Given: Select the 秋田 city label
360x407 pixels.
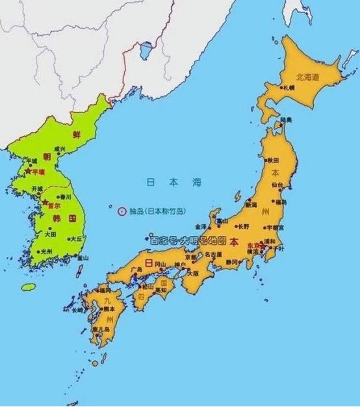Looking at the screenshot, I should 273,159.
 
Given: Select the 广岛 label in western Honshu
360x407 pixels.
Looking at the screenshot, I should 136,269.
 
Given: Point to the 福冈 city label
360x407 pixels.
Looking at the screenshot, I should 105,289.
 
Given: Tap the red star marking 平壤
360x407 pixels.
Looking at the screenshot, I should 27,172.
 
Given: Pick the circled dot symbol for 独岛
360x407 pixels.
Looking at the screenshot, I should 121,210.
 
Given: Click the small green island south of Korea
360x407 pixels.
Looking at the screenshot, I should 28,286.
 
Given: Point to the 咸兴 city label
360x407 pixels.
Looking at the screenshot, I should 60,149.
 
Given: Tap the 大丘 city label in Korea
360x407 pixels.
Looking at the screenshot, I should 76,239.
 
